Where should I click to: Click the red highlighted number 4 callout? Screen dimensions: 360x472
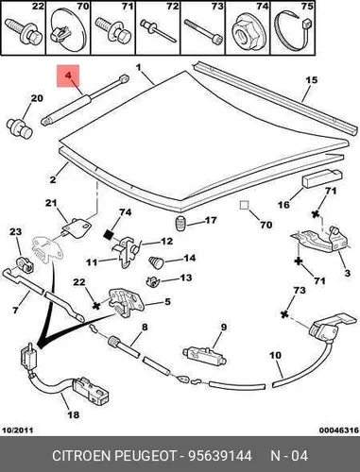click(x=68, y=76)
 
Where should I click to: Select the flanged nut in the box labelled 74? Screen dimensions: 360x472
click(x=244, y=32)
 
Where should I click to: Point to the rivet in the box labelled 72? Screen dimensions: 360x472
click(x=158, y=30)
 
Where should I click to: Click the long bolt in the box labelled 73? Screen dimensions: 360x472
click(x=203, y=31)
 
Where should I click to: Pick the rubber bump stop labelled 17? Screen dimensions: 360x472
click(x=180, y=224)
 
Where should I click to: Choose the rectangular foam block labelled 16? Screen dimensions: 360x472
click(x=322, y=179)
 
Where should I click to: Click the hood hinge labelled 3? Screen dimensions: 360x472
click(x=319, y=239)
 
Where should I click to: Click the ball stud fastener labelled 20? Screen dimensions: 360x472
click(x=20, y=128)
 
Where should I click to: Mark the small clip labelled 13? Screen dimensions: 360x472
click(x=153, y=280)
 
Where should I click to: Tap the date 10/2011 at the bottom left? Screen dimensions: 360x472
click(x=18, y=430)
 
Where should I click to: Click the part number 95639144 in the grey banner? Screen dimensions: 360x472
click(x=220, y=455)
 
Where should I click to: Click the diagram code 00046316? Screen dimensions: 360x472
click(x=339, y=430)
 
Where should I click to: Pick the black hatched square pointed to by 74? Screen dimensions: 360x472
click(x=109, y=234)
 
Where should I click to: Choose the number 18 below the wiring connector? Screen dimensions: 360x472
click(x=74, y=414)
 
